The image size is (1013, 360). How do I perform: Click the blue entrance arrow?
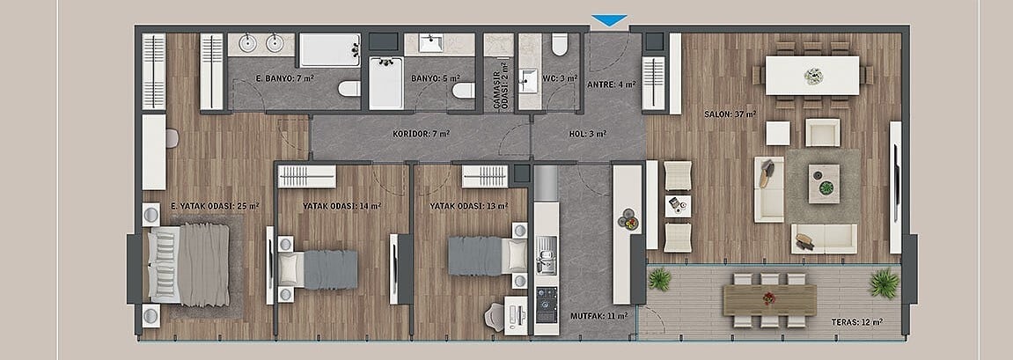(609, 20)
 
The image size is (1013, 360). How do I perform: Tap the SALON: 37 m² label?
(730, 114)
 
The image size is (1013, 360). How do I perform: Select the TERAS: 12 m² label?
(857, 321)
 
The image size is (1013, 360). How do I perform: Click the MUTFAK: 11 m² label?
(598, 316)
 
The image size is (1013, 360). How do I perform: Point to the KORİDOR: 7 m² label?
(422, 135)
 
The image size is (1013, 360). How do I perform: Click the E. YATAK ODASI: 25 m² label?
(215, 206)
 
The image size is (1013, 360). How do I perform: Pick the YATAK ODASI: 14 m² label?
(341, 206)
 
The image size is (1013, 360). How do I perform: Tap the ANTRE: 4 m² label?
(611, 84)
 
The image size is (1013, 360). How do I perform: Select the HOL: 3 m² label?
(587, 135)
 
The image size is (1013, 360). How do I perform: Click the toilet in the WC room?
(560, 44)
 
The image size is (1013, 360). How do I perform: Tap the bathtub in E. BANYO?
(330, 50)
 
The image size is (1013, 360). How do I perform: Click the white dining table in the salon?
(812, 76)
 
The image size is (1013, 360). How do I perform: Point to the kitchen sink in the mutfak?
(546, 246)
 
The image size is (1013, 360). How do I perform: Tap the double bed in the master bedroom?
(188, 264)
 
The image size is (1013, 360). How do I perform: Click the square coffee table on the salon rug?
(824, 184)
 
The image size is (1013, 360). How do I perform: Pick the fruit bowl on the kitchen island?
(628, 220)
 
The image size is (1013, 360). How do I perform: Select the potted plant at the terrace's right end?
(884, 283)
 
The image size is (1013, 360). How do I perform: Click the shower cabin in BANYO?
(385, 84)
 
